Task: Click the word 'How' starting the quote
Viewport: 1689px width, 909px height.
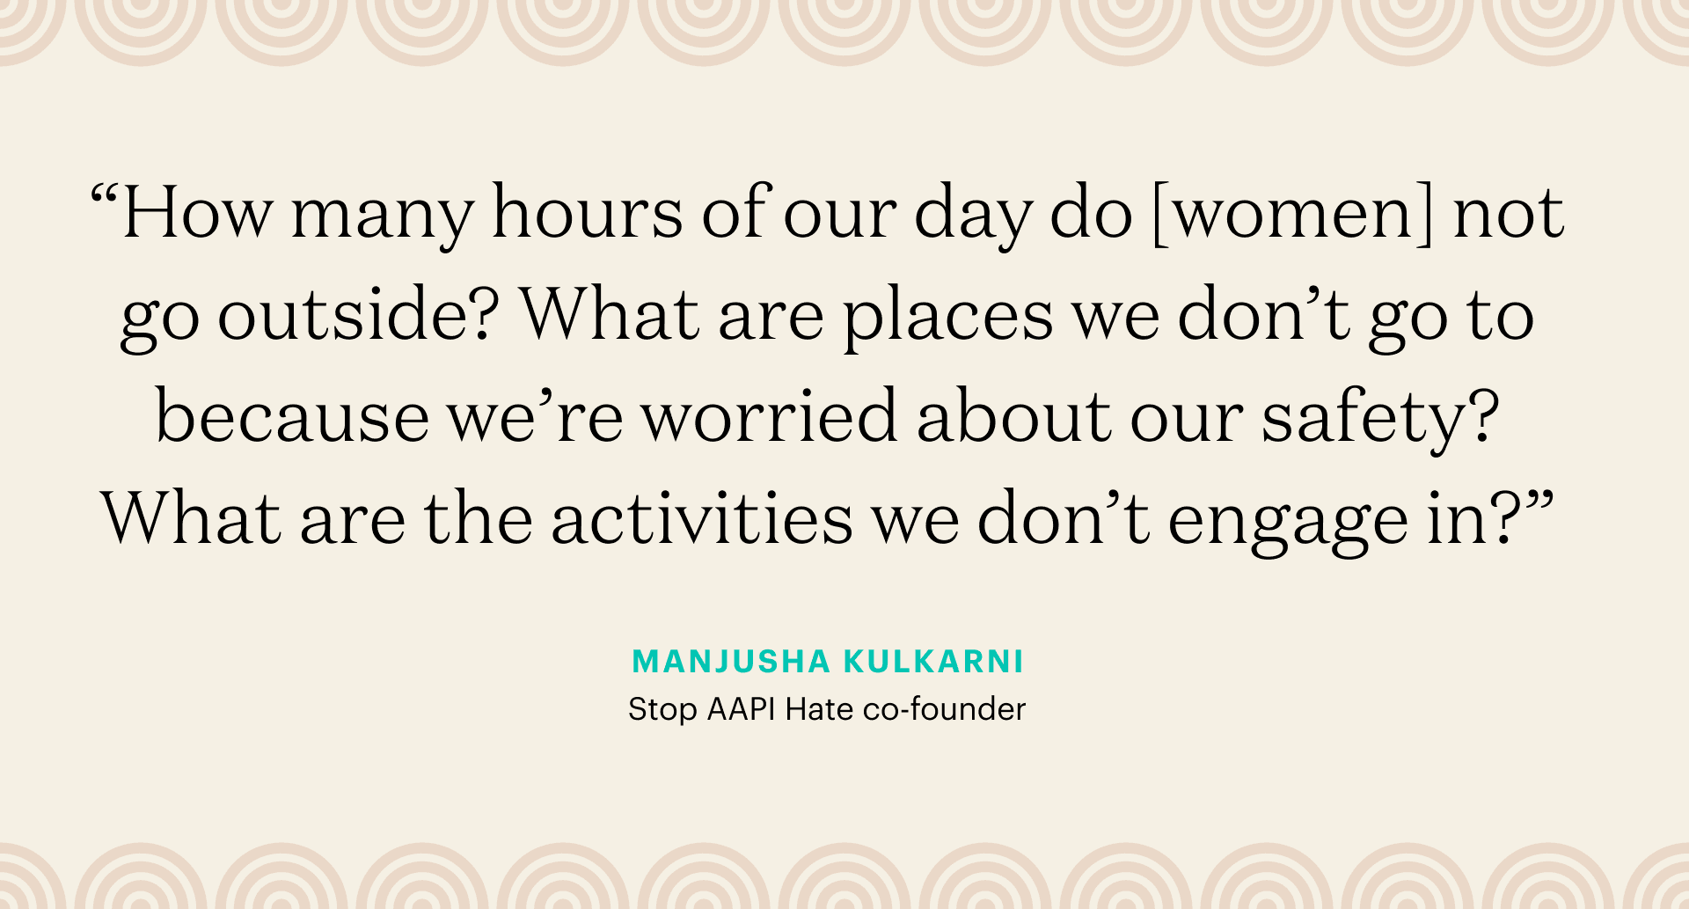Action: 197,214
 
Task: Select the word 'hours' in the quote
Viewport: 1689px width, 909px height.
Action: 587,214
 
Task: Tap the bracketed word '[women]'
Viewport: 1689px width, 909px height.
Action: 1292,214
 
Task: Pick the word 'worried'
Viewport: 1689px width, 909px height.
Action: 769,417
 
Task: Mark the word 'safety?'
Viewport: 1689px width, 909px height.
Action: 1380,419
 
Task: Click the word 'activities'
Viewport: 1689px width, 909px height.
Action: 702,519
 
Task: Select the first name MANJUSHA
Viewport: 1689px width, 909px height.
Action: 730,662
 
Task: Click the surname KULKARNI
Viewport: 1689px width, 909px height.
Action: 933,662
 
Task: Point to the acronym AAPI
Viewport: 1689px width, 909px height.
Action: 741,709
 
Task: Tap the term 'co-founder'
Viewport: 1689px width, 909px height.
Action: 944,709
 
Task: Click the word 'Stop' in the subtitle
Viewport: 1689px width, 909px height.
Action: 662,709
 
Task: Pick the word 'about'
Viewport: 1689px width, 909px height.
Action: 1013,417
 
